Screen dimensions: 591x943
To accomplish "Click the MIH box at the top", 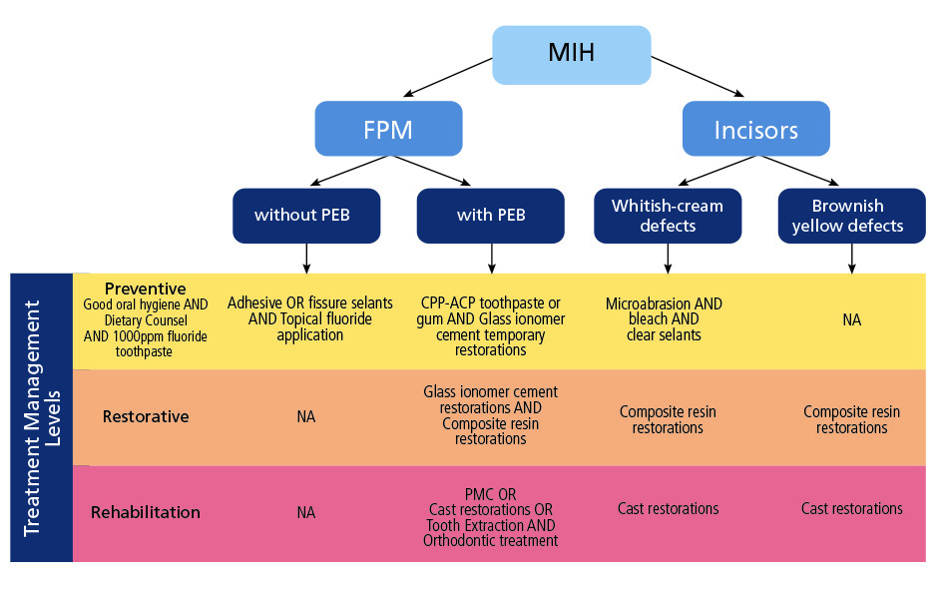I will coord(571,51).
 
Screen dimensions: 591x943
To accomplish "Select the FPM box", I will coord(388,130).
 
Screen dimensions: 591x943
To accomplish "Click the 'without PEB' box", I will coord(305,215).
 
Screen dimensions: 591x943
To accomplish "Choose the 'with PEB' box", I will coord(490,215).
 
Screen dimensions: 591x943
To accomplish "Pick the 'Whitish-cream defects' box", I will coord(668,215).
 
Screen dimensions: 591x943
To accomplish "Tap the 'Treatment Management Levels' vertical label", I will coord(41,417).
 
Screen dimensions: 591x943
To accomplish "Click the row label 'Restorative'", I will coord(146,416).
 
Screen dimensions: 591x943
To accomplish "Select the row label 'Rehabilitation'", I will coord(146,512).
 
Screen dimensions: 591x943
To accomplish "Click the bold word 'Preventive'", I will coord(146,289).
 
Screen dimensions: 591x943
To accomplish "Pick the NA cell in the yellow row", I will coord(850,319).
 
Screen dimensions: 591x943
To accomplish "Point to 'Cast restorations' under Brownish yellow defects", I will coord(850,508).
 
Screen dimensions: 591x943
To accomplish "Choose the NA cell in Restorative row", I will coord(305,416).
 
